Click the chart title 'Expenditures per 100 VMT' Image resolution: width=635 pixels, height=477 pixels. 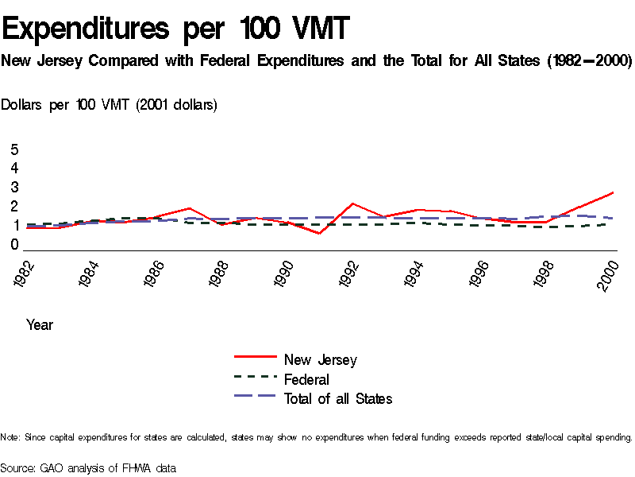(x=175, y=29)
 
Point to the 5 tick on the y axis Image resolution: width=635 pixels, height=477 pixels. (x=14, y=149)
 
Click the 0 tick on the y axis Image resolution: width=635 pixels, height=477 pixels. (x=14, y=245)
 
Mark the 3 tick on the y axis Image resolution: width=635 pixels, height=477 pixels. (x=14, y=188)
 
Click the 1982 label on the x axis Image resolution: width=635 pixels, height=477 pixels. (x=27, y=273)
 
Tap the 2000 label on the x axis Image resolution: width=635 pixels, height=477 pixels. (x=610, y=273)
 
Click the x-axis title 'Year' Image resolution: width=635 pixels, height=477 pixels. (x=40, y=324)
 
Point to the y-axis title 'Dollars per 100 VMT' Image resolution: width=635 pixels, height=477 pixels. (x=110, y=104)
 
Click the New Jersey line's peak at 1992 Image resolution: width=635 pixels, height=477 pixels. (x=352, y=204)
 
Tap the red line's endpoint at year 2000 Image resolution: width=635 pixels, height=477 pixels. (x=612, y=192)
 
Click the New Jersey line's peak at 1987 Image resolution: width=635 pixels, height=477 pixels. (x=190, y=208)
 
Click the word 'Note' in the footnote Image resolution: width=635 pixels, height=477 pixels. (x=10, y=437)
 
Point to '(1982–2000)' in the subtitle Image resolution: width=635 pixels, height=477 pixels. (x=590, y=61)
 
